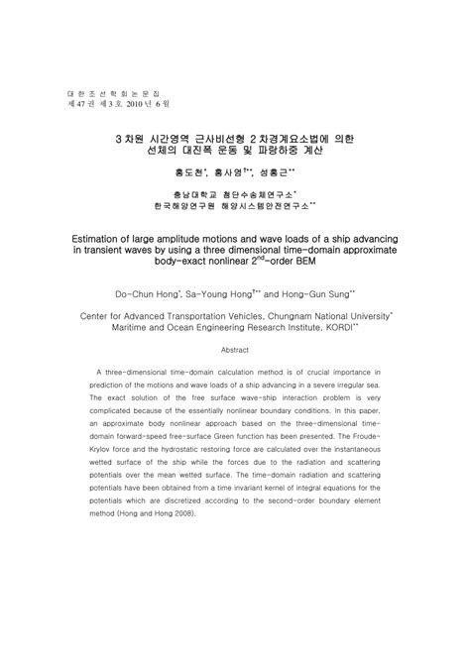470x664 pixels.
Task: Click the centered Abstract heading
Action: [x=234, y=351]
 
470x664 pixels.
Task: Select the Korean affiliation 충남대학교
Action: [x=191, y=193]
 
